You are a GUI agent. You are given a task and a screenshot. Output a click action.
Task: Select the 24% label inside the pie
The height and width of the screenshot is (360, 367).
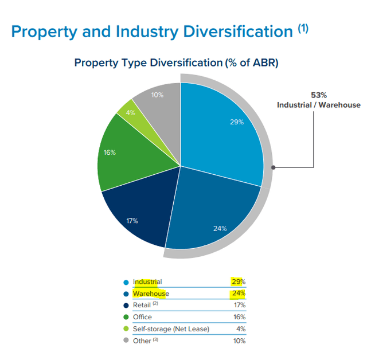pyautogui.click(x=220, y=228)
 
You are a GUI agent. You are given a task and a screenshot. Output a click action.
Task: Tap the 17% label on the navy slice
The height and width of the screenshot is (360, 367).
pyautogui.click(x=131, y=221)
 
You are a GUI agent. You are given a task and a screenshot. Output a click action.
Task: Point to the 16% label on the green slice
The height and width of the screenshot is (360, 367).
pyautogui.click(x=110, y=152)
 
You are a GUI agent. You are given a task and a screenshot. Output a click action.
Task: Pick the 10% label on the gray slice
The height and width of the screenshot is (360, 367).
pyautogui.click(x=157, y=95)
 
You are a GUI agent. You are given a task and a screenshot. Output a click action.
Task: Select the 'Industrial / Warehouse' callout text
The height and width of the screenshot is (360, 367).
pyautogui.click(x=318, y=105)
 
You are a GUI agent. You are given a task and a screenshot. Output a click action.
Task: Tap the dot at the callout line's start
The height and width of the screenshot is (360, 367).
pyautogui.click(x=274, y=168)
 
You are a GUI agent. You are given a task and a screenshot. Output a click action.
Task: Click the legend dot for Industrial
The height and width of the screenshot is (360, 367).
pyautogui.click(x=126, y=282)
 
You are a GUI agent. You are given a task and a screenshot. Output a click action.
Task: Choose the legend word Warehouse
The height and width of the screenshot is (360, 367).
pyautogui.click(x=151, y=294)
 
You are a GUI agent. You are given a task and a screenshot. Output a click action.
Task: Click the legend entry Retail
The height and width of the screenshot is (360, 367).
pyautogui.click(x=142, y=306)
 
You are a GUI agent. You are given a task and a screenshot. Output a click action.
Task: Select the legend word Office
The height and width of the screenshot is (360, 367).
pyautogui.click(x=142, y=317)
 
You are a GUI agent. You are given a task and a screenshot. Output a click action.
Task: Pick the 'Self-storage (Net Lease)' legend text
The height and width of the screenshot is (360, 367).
pyautogui.click(x=171, y=329)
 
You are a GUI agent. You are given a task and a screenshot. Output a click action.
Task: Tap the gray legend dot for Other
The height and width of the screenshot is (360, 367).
pyautogui.click(x=126, y=341)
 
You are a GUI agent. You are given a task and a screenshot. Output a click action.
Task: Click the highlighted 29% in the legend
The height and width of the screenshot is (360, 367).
pyautogui.click(x=238, y=281)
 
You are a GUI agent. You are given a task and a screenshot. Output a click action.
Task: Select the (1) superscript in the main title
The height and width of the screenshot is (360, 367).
pyautogui.click(x=303, y=28)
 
